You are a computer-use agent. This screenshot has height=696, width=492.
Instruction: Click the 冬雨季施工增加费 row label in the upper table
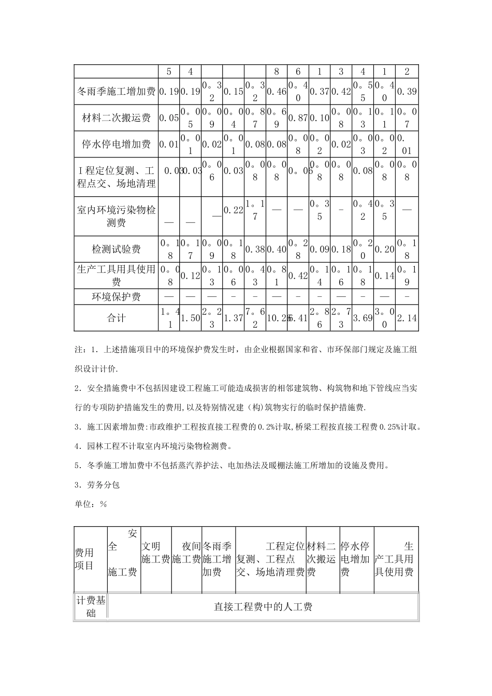[x=116, y=92]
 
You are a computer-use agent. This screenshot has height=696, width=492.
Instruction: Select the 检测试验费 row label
[x=116, y=249]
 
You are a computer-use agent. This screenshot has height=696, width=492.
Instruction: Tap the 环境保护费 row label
[x=116, y=297]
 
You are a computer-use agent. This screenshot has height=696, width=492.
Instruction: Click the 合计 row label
[x=116, y=318]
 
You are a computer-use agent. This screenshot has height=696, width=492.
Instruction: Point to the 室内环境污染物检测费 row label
[x=116, y=216]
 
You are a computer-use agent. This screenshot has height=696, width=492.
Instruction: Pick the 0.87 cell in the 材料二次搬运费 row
[x=298, y=118]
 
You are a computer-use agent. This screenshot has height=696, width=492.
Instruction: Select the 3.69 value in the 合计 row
[x=363, y=318]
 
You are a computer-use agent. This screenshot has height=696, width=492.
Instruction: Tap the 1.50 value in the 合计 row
[x=190, y=318]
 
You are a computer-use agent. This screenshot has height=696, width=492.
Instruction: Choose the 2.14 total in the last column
[x=407, y=318]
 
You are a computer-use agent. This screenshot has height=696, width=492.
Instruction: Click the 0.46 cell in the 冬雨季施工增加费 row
[x=277, y=92]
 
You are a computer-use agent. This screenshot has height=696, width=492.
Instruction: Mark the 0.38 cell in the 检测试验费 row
[x=255, y=249]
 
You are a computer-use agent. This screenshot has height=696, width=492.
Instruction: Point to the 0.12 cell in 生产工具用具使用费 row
[x=190, y=276]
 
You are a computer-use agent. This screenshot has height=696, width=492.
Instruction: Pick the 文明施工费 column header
[x=155, y=553]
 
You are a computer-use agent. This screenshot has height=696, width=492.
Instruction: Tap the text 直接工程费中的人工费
[x=263, y=607]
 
